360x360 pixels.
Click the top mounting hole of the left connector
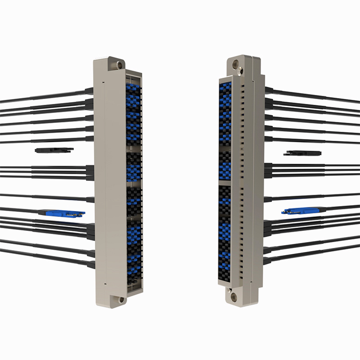[119, 65]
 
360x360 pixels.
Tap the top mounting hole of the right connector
[240, 70]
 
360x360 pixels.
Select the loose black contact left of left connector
[54, 150]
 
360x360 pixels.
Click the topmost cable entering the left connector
[45, 96]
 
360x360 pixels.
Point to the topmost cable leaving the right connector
[315, 96]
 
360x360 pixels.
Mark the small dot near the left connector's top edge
[103, 83]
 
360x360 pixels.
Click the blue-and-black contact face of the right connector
[225, 180]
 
